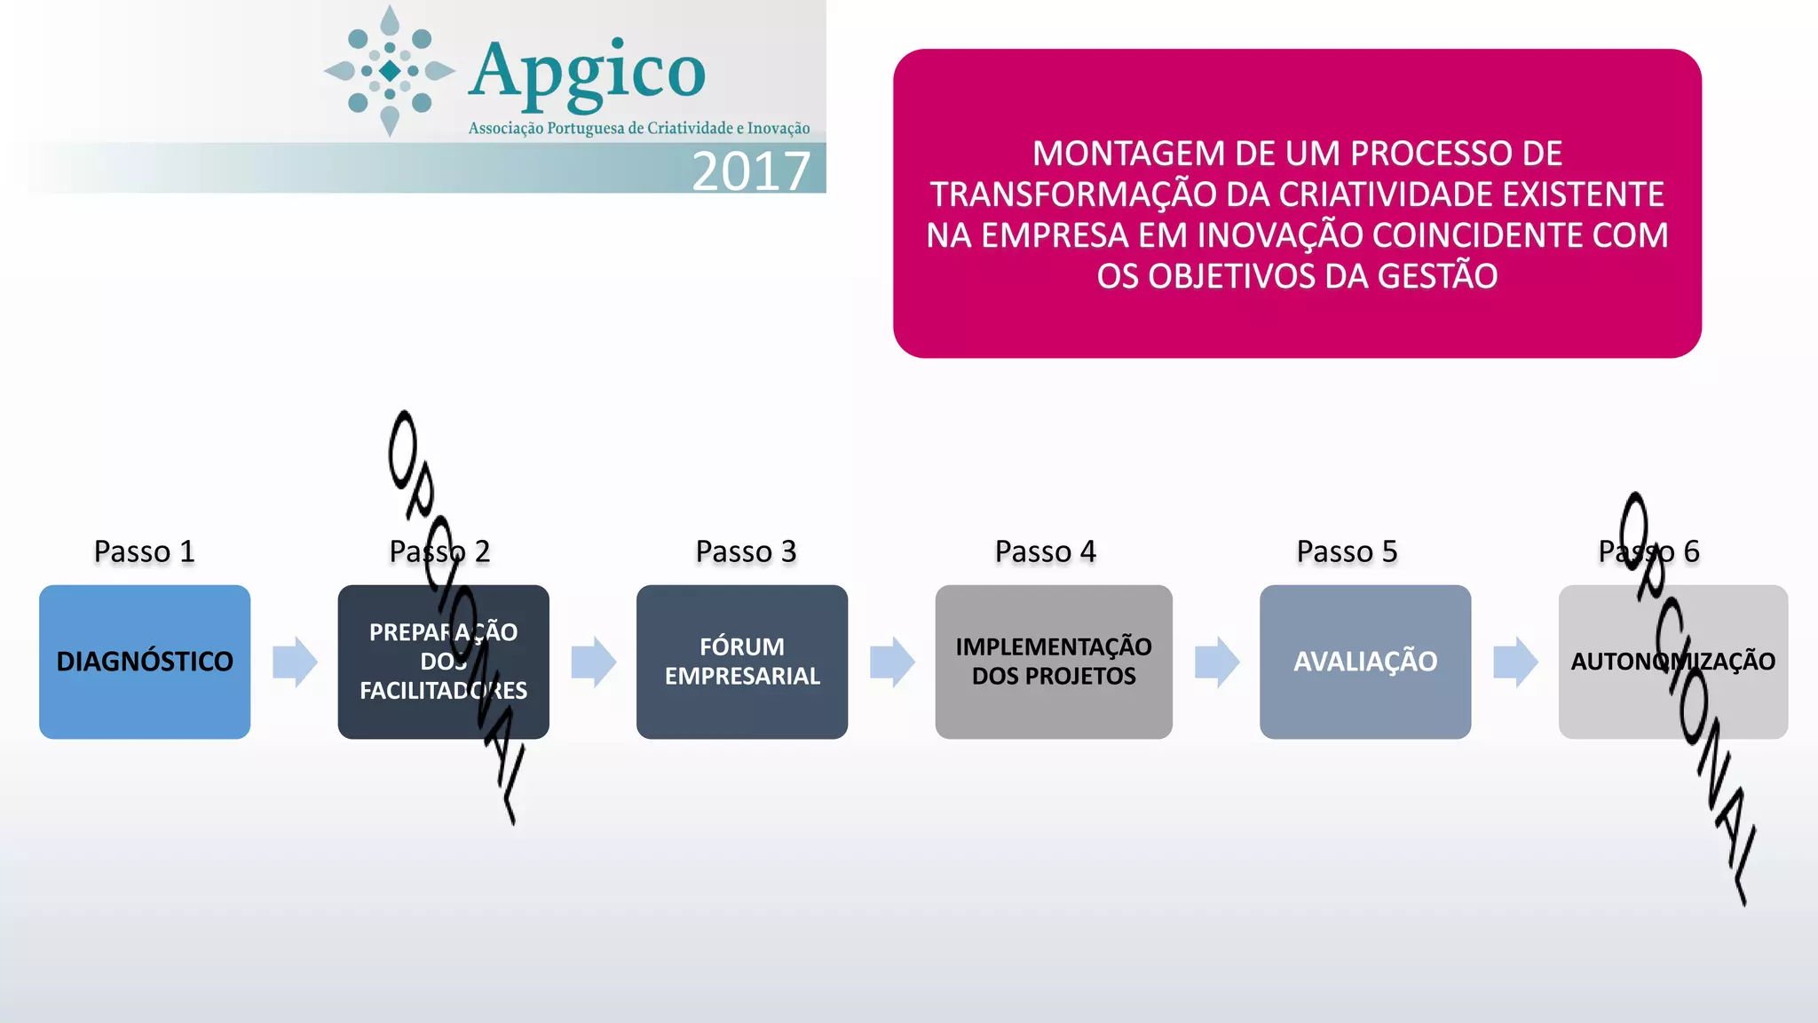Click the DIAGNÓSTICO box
pos(145,662)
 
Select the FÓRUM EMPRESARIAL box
pos(742,662)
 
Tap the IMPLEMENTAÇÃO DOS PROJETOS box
pos(1054,662)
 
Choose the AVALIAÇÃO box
pos(1365,662)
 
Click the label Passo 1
pos(144,551)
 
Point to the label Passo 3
pos(746,551)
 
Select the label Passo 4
pos(1045,551)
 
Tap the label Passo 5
pos(1347,551)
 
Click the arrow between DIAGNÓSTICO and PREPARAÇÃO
pos(295,662)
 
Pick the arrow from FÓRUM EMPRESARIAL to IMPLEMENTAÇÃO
pos(892,662)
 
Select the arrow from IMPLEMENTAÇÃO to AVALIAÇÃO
pos(1217,662)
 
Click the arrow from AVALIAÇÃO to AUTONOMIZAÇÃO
pos(1515,662)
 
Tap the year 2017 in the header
pos(751,170)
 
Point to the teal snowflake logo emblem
pos(390,71)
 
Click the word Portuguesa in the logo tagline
pos(586,129)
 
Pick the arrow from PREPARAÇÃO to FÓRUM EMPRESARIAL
pos(593,662)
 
